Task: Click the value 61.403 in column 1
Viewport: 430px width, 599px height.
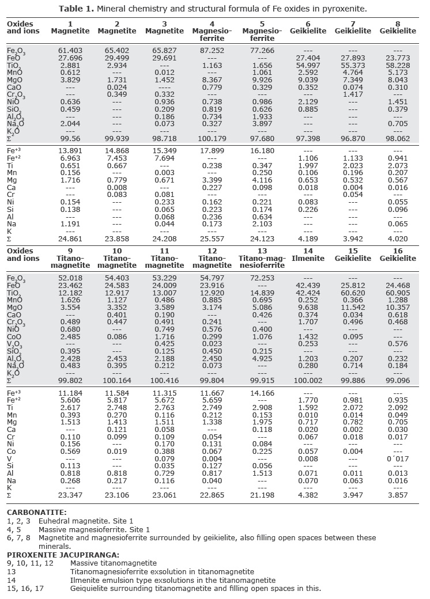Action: click(x=70, y=51)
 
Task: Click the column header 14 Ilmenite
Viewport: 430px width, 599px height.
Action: click(x=307, y=255)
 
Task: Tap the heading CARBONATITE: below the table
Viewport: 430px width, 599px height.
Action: click(x=36, y=511)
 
